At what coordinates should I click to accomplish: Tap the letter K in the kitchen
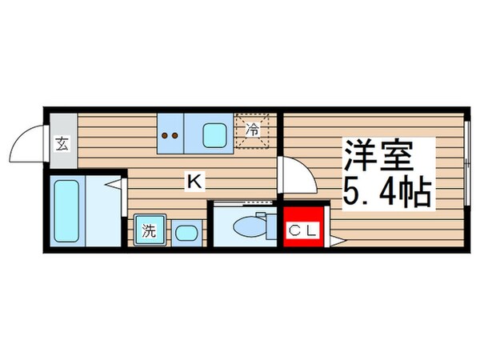tap(193, 182)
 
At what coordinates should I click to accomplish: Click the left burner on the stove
tap(166, 134)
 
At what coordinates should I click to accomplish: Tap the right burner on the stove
tap(175, 134)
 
